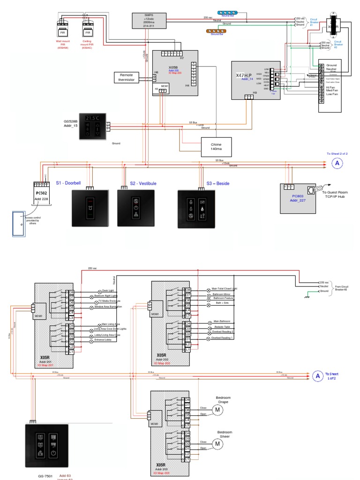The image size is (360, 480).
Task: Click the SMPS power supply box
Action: [146, 21]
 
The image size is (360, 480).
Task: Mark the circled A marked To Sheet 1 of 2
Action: [317, 376]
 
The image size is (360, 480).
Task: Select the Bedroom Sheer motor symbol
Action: [217, 443]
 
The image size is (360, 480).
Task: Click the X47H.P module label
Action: [244, 75]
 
